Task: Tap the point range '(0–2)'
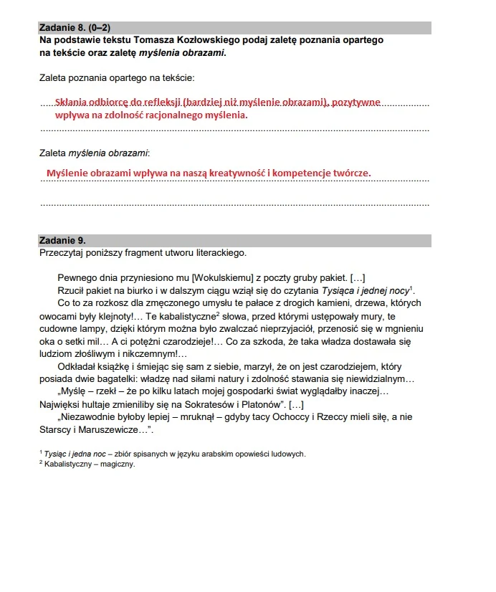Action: click(x=102, y=28)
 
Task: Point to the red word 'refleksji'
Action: click(x=162, y=102)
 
